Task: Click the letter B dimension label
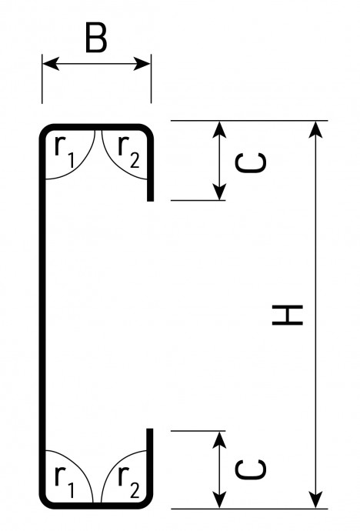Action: pos(96,38)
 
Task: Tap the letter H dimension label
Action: pos(287,315)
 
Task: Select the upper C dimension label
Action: pos(250,162)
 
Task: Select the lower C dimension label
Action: pos(250,469)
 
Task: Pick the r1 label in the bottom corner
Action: pos(65,481)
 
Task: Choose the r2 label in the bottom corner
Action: pos(128,481)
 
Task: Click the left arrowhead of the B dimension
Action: pos(51,64)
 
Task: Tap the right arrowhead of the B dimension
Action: pos(142,64)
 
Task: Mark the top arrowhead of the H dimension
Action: pos(315,130)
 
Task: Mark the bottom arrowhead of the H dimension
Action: pos(315,499)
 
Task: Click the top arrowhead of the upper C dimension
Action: pos(220,129)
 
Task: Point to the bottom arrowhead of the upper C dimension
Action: pos(220,192)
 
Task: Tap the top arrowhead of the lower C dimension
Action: pos(220,440)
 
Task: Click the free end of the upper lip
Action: pos(150,199)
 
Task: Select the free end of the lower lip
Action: pos(150,430)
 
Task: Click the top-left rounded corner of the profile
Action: pos(45,130)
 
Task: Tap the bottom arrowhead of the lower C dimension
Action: pos(220,500)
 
